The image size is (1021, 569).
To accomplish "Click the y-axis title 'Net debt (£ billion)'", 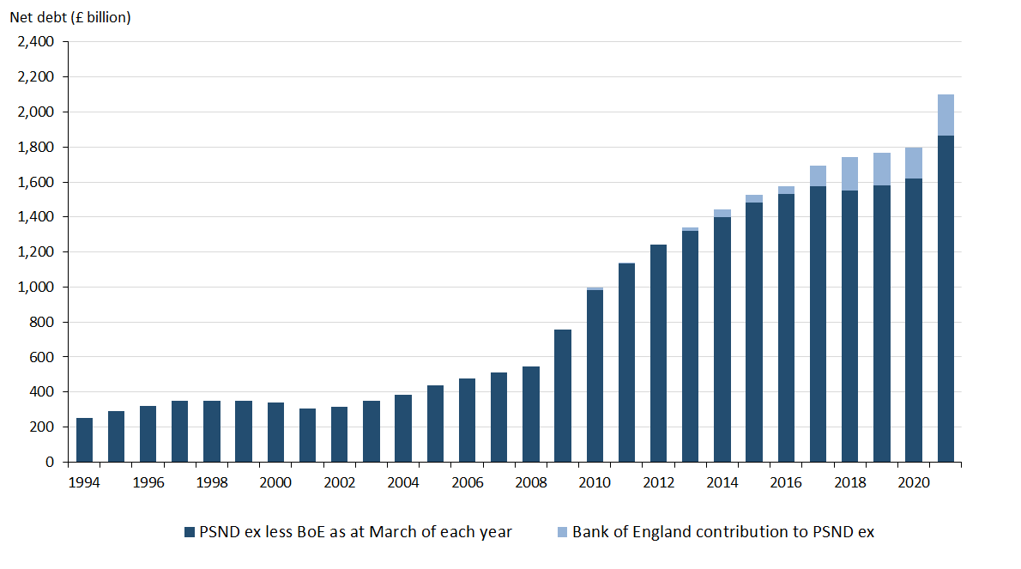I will coord(70,17).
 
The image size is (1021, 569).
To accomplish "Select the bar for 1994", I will coord(85,439).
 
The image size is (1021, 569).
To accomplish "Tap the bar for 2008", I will coord(531,414).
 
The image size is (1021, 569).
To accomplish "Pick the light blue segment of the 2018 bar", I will coord(850,173).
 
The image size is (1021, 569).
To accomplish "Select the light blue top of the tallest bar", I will coord(945,115).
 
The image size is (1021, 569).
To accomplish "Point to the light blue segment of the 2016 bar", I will coord(787,190).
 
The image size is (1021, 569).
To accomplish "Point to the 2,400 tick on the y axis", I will coord(36,42).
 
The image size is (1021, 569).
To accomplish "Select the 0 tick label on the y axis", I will coord(49,462).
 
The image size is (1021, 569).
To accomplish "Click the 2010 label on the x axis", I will coord(595,483).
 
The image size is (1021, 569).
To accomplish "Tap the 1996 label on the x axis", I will coord(148,483).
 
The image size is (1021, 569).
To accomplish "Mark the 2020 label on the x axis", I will coord(914,483).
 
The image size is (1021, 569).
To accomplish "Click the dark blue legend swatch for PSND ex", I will coord(189,533).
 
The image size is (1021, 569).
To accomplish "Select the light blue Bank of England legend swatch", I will coord(560,533).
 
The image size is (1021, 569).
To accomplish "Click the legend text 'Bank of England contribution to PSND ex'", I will coord(723,532).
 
